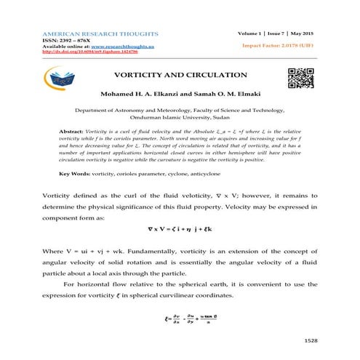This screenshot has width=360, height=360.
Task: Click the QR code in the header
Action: pos(301,78)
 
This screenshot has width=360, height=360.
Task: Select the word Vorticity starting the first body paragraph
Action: pos(59,196)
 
